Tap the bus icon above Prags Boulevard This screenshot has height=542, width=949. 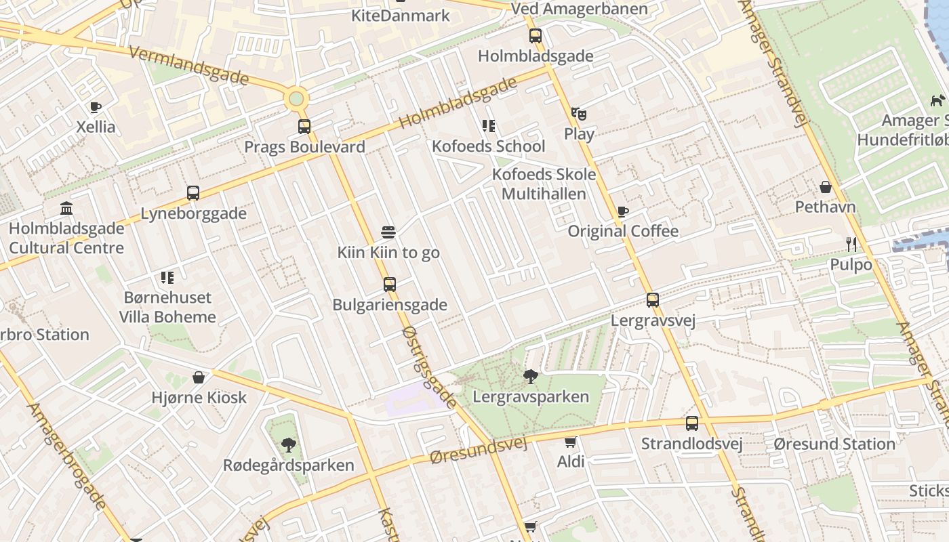[x=304, y=126]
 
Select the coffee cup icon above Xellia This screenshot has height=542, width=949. [x=96, y=107]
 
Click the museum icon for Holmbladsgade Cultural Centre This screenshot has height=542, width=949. [x=66, y=208]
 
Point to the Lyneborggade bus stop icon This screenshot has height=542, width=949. [x=193, y=193]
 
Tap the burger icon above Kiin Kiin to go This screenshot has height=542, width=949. [x=388, y=232]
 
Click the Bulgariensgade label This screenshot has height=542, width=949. [x=389, y=305]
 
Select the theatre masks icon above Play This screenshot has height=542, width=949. [x=578, y=113]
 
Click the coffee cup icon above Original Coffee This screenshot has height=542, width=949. [x=622, y=211]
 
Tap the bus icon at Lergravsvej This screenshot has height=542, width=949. [x=653, y=299]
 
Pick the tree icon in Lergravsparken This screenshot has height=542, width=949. [x=531, y=376]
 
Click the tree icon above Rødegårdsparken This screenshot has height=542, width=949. [x=289, y=445]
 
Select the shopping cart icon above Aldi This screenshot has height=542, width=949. [x=571, y=442]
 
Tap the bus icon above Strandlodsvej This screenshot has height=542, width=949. [x=692, y=423]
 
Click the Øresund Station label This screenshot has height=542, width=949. [x=834, y=444]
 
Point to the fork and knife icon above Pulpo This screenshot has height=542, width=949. [x=851, y=244]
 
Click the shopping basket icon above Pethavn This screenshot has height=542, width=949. [x=826, y=187]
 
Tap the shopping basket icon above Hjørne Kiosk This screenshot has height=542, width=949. [x=199, y=377]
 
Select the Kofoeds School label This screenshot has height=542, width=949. [x=488, y=146]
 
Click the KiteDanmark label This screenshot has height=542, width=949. [x=400, y=15]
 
